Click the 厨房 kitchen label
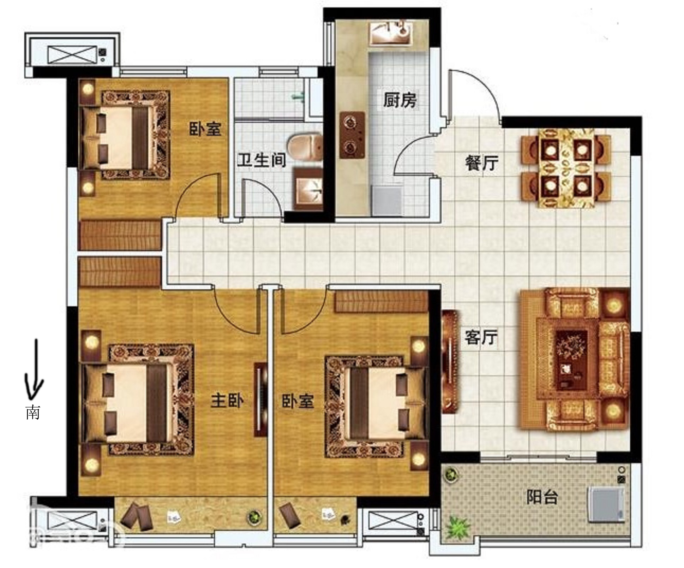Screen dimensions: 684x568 (400, 100)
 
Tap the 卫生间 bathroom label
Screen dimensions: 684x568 (261, 160)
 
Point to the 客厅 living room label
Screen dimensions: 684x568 (481, 337)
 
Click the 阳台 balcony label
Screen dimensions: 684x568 (542, 497)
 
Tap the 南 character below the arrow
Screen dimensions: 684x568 (33, 412)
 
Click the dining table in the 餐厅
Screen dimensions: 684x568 (566, 168)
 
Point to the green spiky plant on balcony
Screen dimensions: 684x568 (458, 528)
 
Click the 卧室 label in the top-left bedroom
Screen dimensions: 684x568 (205, 129)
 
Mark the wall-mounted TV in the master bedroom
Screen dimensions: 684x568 (260, 399)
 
